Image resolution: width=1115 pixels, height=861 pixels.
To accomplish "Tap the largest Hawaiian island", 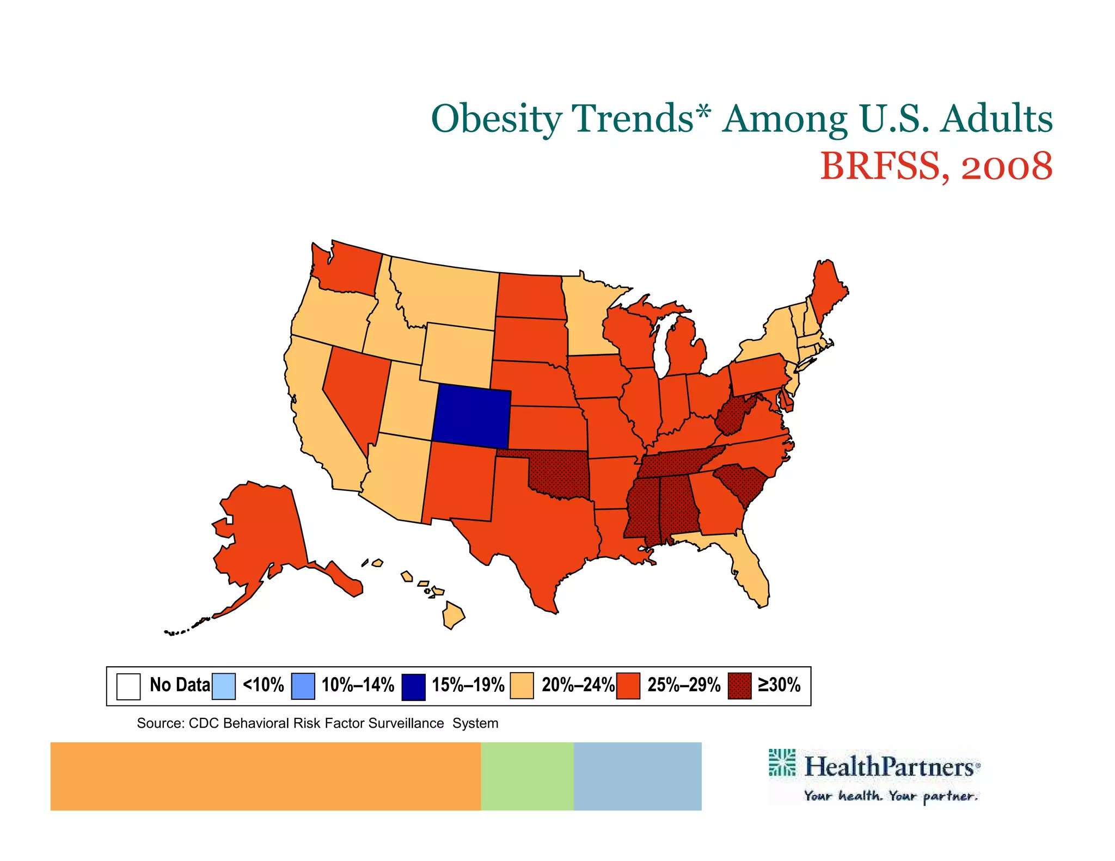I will (453, 615).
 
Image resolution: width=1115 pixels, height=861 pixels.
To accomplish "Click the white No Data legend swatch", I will (128, 686).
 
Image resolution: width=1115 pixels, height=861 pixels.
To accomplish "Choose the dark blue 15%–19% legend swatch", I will (413, 686).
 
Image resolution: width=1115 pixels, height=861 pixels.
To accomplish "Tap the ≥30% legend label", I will (779, 685).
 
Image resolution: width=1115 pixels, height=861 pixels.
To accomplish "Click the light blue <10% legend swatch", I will (224, 686).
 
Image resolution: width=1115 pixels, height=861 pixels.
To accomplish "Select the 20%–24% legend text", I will (578, 685).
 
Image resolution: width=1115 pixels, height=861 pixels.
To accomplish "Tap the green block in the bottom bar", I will (527, 776).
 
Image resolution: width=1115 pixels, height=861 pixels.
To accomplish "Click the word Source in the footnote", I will (159, 723).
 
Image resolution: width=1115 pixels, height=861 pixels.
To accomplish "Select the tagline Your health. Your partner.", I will (891, 796).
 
